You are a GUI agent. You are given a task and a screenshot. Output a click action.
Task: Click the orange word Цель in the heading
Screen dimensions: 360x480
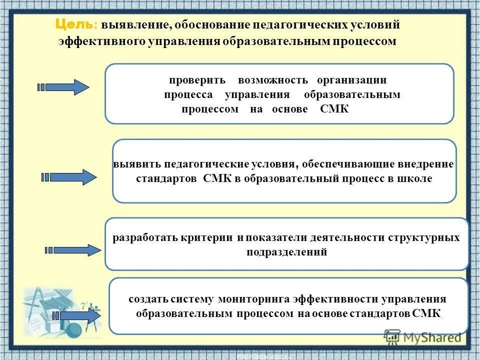click(x=73, y=23)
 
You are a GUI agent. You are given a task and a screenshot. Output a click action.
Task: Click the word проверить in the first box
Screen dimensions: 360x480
click(x=197, y=80)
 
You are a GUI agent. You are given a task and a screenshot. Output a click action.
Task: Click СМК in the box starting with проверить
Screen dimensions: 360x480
click(x=334, y=109)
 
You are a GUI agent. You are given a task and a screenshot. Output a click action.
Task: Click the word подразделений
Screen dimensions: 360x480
click(x=287, y=252)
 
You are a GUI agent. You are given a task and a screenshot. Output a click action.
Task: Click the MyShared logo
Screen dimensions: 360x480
click(x=422, y=336)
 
